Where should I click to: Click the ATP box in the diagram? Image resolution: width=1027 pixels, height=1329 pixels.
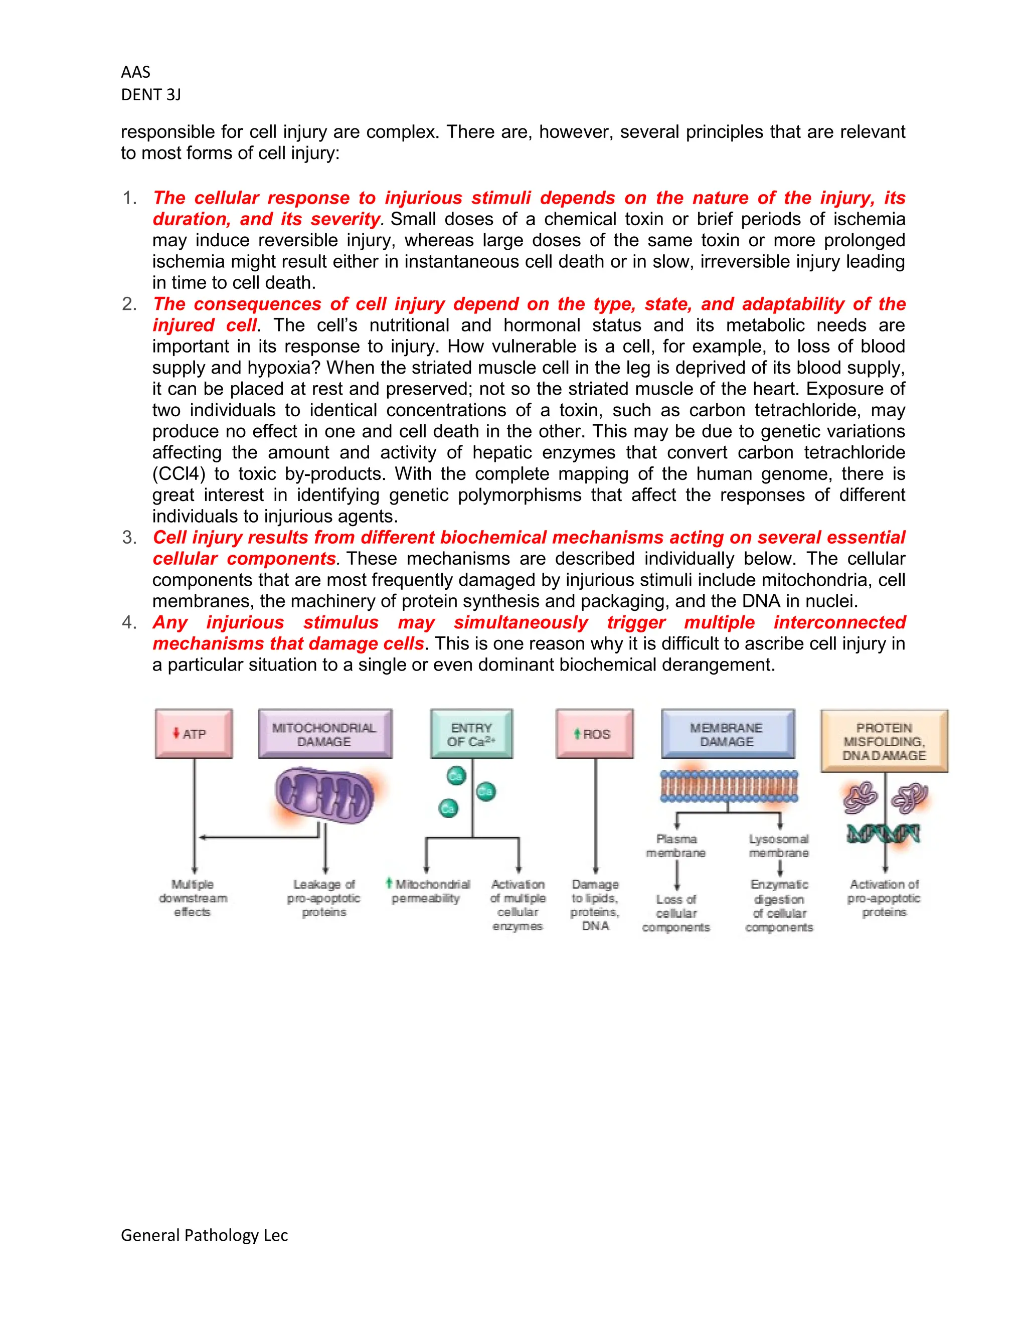[x=194, y=733]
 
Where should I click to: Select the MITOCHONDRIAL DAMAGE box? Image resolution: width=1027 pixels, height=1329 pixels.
[x=324, y=734]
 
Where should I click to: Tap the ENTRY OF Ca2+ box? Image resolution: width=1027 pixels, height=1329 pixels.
[x=471, y=734]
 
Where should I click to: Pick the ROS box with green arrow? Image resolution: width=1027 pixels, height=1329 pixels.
[x=594, y=733]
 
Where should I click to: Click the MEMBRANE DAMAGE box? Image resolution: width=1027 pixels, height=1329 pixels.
[x=727, y=734]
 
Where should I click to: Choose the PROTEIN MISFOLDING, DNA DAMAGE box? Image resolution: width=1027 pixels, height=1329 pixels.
[x=884, y=741]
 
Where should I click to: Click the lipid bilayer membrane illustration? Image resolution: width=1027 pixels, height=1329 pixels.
[x=728, y=786]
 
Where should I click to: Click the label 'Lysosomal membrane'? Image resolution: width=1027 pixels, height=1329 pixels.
[x=779, y=846]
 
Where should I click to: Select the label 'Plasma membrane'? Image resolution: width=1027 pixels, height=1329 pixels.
[x=676, y=846]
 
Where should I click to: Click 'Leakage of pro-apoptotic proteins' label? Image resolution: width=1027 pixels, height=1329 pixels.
[x=324, y=898]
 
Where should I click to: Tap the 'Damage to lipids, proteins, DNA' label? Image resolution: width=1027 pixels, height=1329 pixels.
[x=595, y=905]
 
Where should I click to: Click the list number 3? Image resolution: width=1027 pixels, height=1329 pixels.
[x=129, y=537]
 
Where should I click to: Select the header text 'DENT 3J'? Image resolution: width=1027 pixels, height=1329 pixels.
[x=151, y=95]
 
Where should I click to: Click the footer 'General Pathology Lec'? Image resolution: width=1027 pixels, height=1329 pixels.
[x=205, y=1235]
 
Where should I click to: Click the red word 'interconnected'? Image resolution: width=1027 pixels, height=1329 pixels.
[x=839, y=622]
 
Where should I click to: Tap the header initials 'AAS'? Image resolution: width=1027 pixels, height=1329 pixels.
[x=136, y=72]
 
